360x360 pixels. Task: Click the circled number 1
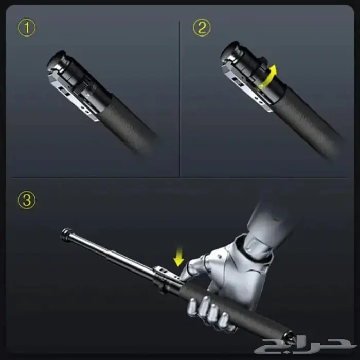pyautogui.click(x=27, y=28)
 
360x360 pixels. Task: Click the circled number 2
pyautogui.click(x=202, y=28)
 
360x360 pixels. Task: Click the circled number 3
pyautogui.click(x=27, y=200)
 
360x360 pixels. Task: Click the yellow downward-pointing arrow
pyautogui.click(x=178, y=257)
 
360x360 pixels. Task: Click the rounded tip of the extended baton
pyautogui.click(x=65, y=234)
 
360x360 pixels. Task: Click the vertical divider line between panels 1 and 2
pyautogui.click(x=180, y=99)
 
